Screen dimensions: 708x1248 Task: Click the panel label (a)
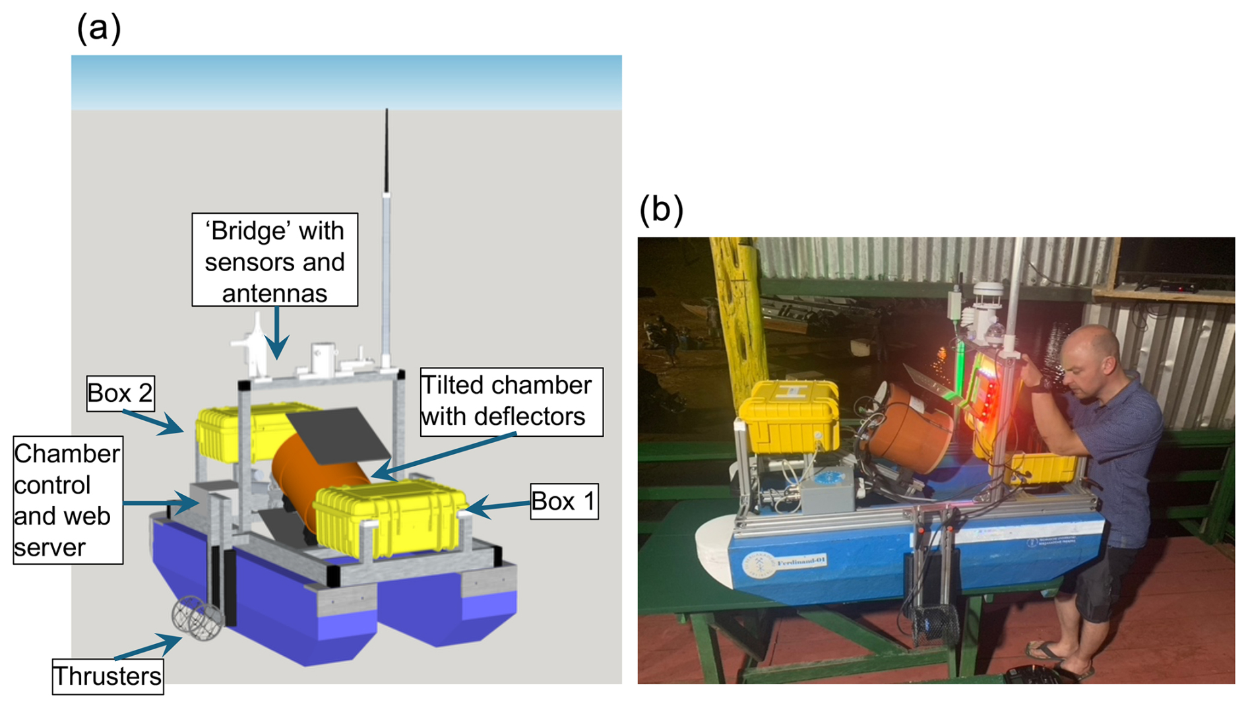click(99, 29)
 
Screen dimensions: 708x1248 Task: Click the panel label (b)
click(661, 210)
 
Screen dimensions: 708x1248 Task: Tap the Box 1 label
click(564, 501)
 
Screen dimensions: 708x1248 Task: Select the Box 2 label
click(120, 393)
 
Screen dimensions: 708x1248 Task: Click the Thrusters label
click(108, 676)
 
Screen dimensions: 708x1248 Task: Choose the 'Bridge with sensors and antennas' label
click(274, 260)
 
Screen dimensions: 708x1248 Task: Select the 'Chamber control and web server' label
click(67, 499)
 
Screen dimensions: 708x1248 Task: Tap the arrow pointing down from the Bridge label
click(278, 333)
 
